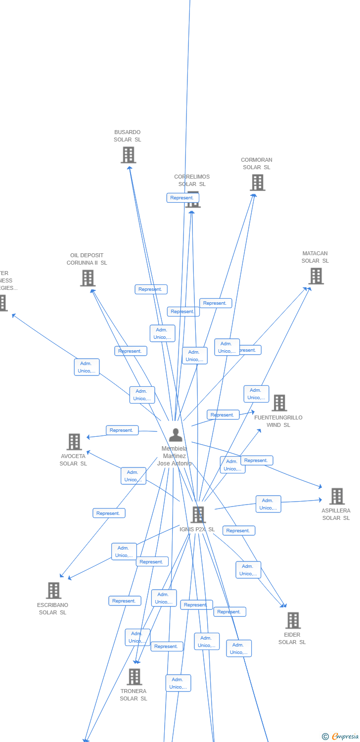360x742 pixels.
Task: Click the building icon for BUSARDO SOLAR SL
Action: [x=129, y=155]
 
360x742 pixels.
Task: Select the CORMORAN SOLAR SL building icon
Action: [x=257, y=183]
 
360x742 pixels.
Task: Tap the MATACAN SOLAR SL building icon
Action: [x=316, y=276]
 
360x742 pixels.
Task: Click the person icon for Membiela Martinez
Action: [x=176, y=435]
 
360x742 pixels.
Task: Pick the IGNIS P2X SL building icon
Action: [x=198, y=514]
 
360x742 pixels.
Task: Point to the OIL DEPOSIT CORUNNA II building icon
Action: [x=88, y=278]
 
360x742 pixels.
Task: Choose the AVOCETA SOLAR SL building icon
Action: [x=74, y=442]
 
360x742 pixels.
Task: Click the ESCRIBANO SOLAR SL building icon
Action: [x=53, y=590]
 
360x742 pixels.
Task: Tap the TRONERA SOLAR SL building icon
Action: [x=134, y=676]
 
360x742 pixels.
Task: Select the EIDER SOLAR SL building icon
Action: [x=293, y=620]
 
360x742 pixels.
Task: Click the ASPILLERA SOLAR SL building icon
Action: [x=337, y=496]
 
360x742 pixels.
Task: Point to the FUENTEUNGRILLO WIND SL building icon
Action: [x=279, y=403]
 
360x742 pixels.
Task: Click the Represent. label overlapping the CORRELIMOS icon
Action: [x=182, y=198]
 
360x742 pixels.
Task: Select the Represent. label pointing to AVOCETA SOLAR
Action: [x=122, y=430]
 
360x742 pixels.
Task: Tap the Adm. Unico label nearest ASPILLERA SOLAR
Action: [x=268, y=504]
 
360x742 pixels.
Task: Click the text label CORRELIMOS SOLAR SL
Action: [x=192, y=181]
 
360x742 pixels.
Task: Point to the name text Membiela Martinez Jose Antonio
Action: [x=174, y=456]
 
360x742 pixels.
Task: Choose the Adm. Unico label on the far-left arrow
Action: [x=87, y=367]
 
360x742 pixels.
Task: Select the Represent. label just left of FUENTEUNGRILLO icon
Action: [x=223, y=415]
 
